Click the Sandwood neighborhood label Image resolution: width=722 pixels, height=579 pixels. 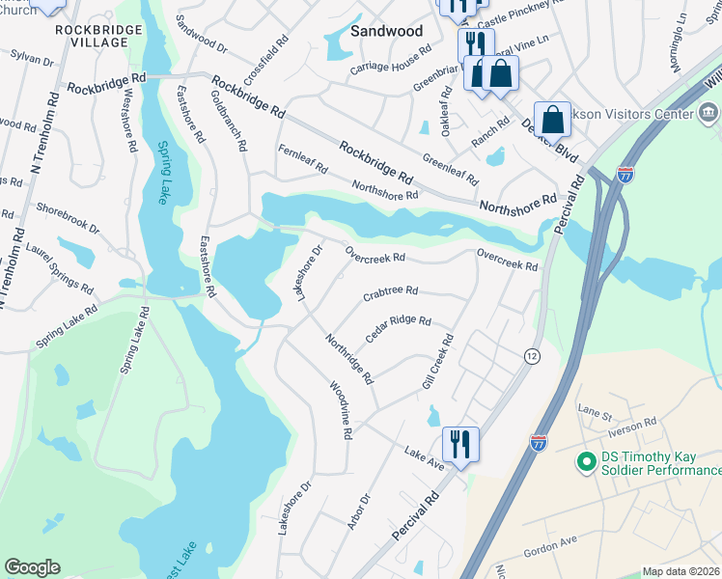386,31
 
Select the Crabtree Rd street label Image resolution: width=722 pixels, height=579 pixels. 390,290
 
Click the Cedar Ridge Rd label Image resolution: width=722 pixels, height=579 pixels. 398,328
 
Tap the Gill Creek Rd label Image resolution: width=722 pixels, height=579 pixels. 438,363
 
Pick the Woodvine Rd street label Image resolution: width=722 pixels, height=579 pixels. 339,411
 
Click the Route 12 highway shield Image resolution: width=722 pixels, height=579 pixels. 532,356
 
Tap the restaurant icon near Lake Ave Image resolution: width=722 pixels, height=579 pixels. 460,445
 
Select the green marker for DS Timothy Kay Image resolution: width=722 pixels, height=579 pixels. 585,462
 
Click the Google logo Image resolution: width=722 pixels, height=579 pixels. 32,567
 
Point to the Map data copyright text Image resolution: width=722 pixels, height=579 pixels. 681,571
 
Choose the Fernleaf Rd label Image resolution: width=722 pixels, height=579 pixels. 303,160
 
